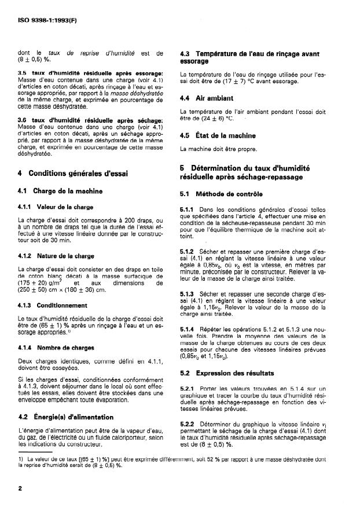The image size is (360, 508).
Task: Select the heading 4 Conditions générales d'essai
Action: [72, 172]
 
